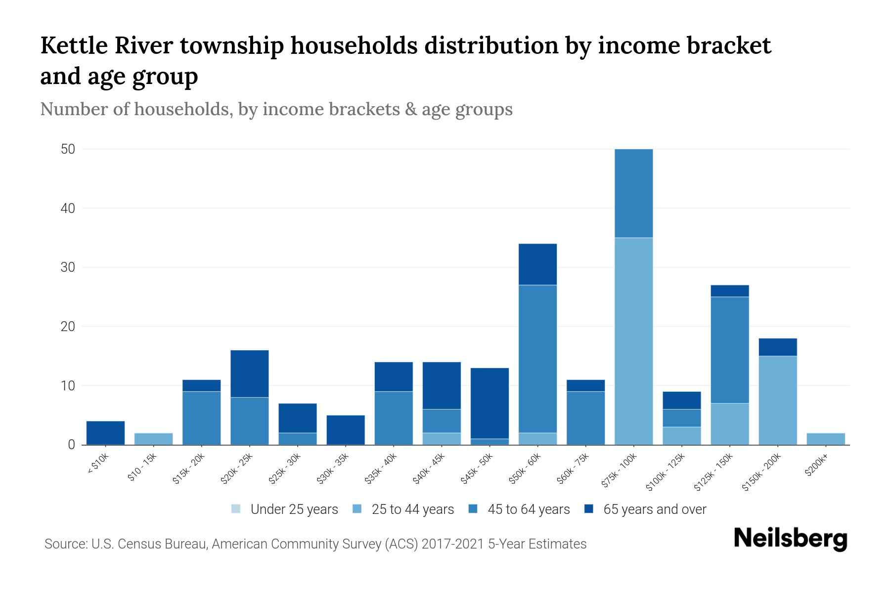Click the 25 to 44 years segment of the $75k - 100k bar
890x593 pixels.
point(633,341)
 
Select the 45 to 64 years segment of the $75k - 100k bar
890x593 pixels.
point(633,193)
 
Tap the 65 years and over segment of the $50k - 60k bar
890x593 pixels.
point(537,264)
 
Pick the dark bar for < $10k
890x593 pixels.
point(105,433)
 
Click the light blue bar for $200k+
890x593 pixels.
point(825,439)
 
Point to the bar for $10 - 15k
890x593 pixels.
point(153,439)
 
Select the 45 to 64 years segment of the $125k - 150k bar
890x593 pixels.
point(729,350)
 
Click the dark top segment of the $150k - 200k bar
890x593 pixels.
point(777,347)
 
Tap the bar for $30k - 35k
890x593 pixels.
point(346,430)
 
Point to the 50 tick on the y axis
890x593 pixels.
point(68,149)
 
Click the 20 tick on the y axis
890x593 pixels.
point(68,327)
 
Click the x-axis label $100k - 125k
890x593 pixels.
point(666,472)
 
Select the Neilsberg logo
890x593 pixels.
point(791,539)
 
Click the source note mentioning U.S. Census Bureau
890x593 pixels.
point(315,544)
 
